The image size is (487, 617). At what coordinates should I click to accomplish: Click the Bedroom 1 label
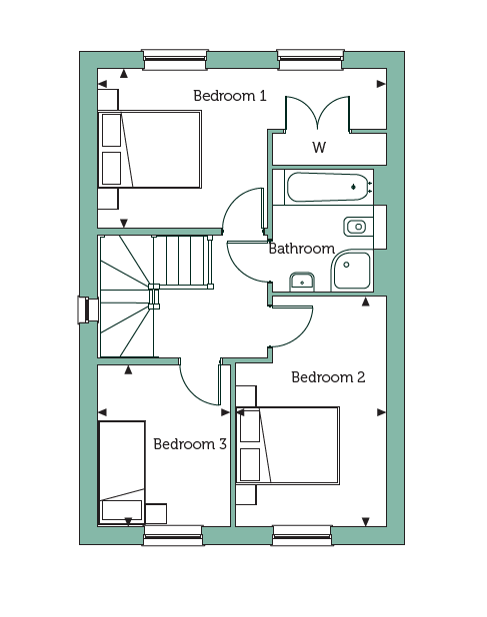(x=230, y=96)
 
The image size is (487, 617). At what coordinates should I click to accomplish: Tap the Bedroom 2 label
(x=328, y=377)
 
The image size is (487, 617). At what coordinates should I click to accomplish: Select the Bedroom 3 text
(x=190, y=444)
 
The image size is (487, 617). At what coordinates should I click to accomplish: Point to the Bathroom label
(x=302, y=249)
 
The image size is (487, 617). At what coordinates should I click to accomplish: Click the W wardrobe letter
(x=319, y=147)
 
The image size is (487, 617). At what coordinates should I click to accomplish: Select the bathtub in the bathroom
(x=328, y=187)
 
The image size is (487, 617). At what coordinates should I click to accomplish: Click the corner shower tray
(x=351, y=271)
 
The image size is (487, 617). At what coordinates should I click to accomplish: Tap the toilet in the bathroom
(x=359, y=227)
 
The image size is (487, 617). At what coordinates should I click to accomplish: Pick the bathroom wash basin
(x=302, y=282)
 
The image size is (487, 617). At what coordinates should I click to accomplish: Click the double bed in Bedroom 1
(x=150, y=150)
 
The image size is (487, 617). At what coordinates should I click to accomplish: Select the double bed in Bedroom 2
(x=288, y=445)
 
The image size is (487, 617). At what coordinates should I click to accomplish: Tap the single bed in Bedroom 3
(x=122, y=472)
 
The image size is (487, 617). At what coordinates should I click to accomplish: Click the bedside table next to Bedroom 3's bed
(x=156, y=513)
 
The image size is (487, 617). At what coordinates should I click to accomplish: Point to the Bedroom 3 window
(x=173, y=535)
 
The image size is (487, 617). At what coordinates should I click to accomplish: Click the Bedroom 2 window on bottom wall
(x=302, y=535)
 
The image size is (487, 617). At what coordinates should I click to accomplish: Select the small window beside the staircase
(x=88, y=309)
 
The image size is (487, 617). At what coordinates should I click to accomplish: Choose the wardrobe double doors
(x=318, y=113)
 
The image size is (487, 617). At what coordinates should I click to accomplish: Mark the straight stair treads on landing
(x=183, y=261)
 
